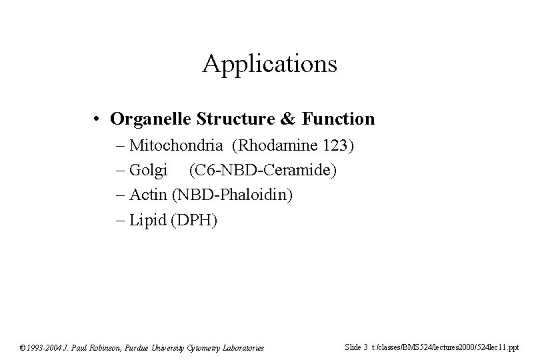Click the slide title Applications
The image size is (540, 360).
pos(270,65)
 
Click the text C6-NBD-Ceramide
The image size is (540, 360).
pos(263,171)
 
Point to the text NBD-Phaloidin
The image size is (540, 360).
pos(233,195)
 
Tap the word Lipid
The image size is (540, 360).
pos(148,220)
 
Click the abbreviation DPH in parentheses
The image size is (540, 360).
pos(194,220)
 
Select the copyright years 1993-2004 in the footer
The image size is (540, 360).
pos(45,347)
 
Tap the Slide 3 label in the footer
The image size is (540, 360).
pos(357,347)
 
